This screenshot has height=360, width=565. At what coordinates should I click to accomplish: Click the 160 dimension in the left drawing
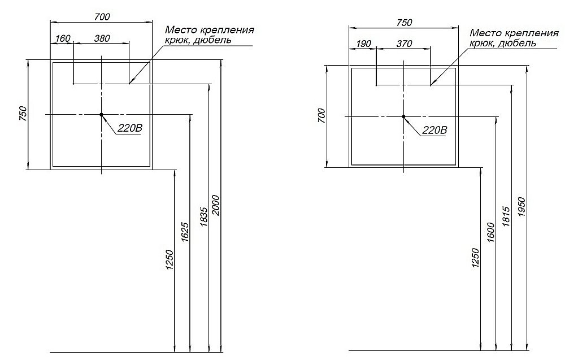63,38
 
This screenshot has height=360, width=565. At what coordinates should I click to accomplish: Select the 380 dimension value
102,38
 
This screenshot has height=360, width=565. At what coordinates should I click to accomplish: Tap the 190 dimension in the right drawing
363,44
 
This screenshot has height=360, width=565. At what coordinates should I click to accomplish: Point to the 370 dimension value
405,44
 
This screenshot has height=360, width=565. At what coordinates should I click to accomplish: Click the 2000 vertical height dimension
215,205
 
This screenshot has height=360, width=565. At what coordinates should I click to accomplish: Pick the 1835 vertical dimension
203,216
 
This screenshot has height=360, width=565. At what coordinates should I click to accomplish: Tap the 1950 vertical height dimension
523,207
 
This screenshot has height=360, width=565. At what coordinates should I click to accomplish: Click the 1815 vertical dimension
506,216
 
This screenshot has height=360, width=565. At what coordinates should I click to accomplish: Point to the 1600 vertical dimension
490,232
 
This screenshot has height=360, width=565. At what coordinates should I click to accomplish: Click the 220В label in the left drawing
130,128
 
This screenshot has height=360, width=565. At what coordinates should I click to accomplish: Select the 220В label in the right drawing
434,130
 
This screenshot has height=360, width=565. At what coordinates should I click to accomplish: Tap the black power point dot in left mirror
101,115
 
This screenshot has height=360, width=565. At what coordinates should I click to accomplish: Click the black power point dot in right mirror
403,116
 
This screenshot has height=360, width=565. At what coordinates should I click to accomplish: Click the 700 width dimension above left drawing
102,16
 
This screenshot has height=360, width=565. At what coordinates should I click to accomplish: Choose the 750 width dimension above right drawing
405,23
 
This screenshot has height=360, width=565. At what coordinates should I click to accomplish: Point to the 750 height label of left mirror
23,114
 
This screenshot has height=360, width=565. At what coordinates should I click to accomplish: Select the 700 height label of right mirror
321,116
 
